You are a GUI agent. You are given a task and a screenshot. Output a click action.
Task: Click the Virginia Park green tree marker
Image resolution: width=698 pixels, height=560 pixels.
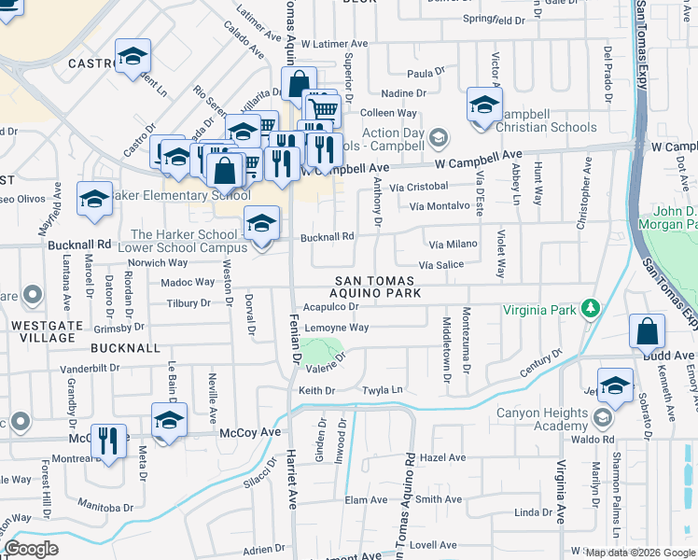pos(590,309)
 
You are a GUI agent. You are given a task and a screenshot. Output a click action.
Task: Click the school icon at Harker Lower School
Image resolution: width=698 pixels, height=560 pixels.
pos(261,224)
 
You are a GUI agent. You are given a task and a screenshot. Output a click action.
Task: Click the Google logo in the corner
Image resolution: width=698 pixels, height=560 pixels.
pos(31,548)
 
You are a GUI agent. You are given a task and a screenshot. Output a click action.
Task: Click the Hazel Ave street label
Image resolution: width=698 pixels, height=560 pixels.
pos(442,458)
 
